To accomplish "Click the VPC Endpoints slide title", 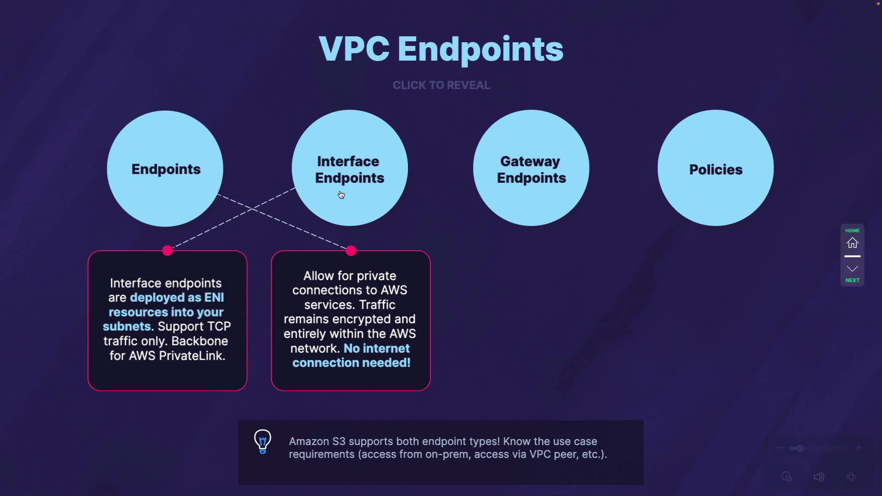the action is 441,49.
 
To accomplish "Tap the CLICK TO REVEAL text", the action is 441,85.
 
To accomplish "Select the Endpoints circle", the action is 165,169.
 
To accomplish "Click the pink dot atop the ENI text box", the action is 168,250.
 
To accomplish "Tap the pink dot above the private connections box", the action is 351,250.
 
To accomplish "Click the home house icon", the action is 852,243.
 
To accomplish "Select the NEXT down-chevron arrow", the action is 852,269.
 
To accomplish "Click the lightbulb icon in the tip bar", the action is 263,441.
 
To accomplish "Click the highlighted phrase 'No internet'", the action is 377,349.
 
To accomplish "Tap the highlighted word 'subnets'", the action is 127,327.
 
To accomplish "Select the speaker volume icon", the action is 819,477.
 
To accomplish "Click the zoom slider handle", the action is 800,448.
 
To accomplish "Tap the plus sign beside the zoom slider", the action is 858,448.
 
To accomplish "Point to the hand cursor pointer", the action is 341,195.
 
